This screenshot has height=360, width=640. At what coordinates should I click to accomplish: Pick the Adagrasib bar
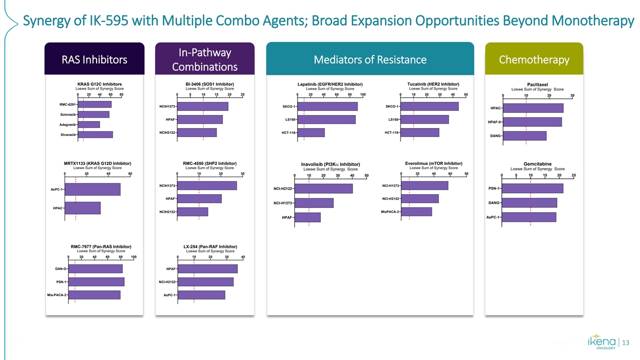pos(89,124)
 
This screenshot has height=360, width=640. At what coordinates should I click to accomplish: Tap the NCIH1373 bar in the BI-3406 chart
pos(203,107)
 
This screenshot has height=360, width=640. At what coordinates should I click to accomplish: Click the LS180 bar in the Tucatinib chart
pos(426,119)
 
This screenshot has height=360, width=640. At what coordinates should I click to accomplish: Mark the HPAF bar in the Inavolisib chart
pos(308,217)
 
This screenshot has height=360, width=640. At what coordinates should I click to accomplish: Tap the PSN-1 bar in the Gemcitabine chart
pos(532,188)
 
